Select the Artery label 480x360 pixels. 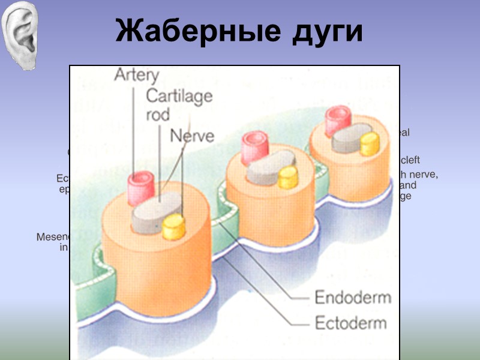pyautogui.click(x=137, y=76)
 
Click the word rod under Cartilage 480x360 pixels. pyautogui.click(x=158, y=114)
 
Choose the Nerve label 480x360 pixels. pyautogui.click(x=192, y=136)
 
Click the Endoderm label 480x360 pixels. pyautogui.click(x=353, y=297)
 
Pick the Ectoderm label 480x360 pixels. pyautogui.click(x=351, y=323)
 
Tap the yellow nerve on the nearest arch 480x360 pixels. pyautogui.click(x=173, y=227)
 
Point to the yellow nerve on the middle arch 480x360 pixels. pyautogui.click(x=288, y=177)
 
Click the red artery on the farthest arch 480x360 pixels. pyautogui.click(x=337, y=120)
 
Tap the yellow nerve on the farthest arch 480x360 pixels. pyautogui.click(x=370, y=144)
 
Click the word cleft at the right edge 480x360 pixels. pyautogui.click(x=410, y=160)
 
